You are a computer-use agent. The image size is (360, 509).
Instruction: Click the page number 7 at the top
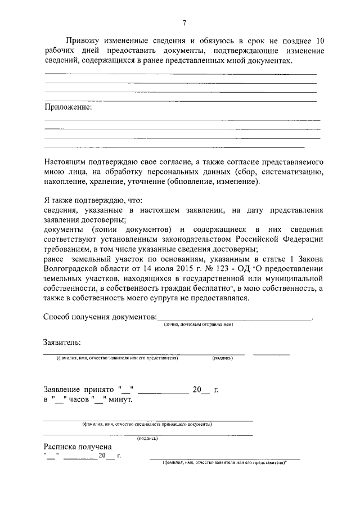pos(184,23)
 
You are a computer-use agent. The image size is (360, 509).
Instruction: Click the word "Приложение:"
pos(67,106)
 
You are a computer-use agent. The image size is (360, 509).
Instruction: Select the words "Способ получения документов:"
pos(100,317)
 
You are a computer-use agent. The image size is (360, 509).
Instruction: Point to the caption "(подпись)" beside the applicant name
pos(222,358)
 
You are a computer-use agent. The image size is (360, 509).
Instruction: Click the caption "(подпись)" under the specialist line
pos(147,437)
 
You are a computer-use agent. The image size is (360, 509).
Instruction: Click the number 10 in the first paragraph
pos(319,40)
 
